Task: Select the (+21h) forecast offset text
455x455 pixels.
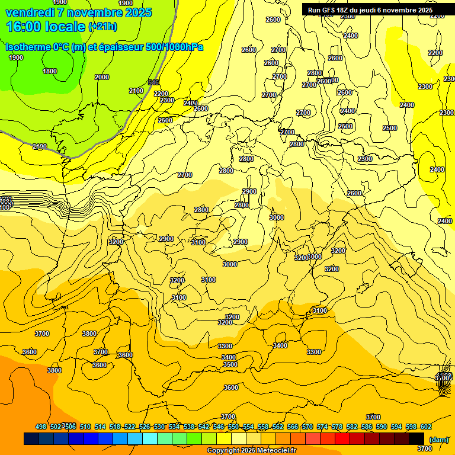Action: [102, 27]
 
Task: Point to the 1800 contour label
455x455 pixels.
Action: [50, 71]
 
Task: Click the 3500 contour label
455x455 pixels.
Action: [230, 364]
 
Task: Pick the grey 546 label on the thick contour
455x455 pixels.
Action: [153, 82]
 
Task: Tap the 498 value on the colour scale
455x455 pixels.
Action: [41, 427]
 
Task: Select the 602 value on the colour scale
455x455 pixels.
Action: [425, 427]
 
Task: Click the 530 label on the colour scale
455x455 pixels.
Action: [159, 427]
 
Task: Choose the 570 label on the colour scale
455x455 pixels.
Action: [307, 427]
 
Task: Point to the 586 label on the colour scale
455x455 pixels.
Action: [367, 427]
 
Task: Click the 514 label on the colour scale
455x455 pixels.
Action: [100, 427]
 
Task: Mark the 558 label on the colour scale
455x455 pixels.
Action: [263, 427]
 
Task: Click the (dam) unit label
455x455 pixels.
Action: [438, 439]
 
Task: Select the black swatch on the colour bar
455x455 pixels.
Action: [416, 438]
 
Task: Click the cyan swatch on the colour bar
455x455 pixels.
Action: [150, 438]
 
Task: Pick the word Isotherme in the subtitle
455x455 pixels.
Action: [27, 47]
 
